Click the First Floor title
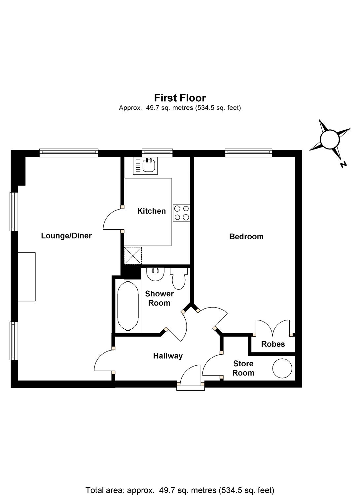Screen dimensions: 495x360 [180, 98]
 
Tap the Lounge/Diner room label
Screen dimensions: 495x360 [66, 236]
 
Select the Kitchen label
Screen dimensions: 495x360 [151, 211]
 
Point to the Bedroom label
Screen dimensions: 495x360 [246, 237]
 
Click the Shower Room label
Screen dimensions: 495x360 [159, 298]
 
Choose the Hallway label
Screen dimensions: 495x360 [168, 356]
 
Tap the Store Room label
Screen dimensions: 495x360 [243, 368]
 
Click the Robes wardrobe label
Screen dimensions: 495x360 [273, 344]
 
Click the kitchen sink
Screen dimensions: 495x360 [145, 166]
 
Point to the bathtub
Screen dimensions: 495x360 [128, 306]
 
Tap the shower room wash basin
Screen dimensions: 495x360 [155, 274]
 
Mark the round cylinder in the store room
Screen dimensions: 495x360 [282, 368]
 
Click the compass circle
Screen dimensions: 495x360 [330, 139]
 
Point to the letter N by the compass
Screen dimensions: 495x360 [343, 164]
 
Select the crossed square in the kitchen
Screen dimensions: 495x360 [133, 255]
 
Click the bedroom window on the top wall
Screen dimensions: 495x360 [248, 152]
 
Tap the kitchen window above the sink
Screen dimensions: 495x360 [158, 152]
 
